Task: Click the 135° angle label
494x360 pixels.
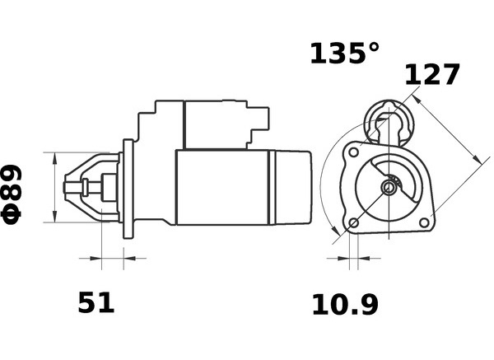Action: pyautogui.click(x=345, y=54)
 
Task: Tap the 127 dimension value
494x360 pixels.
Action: pyautogui.click(x=432, y=74)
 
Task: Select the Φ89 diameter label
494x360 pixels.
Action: pyautogui.click(x=12, y=194)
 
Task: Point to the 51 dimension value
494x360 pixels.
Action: pyautogui.click(x=96, y=302)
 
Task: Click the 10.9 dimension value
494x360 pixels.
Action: pyautogui.click(x=345, y=305)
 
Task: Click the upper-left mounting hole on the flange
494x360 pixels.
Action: pyautogui.click(x=354, y=152)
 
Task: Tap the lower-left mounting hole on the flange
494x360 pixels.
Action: pyautogui.click(x=354, y=223)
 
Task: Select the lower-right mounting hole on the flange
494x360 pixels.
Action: pyautogui.click(x=424, y=222)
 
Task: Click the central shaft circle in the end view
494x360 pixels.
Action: pyautogui.click(x=389, y=188)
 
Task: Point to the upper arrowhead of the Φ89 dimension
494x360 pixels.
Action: pyautogui.click(x=55, y=158)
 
